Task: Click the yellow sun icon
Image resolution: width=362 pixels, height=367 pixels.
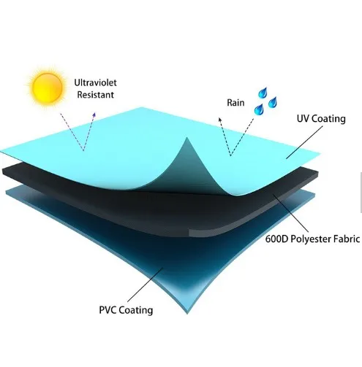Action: pos(47,87)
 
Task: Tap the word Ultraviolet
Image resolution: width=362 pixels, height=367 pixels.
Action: pos(95,82)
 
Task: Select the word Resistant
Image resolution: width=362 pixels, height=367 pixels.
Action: pos(95,95)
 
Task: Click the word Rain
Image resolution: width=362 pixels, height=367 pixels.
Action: pos(235,103)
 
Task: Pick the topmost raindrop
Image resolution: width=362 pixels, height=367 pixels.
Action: pos(263,93)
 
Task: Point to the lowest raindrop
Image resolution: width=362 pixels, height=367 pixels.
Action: pos(259,109)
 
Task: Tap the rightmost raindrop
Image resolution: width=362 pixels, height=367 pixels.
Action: pos(273,102)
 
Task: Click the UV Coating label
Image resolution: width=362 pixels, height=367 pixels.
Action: pos(321,119)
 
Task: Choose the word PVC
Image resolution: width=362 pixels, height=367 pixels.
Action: pos(108,310)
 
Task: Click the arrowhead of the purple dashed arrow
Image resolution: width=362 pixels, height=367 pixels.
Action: pos(94,115)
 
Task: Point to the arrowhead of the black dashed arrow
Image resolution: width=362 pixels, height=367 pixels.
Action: pos(220,120)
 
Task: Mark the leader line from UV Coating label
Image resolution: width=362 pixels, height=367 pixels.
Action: pos(304,142)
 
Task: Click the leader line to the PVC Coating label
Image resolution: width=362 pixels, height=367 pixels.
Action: pos(145,285)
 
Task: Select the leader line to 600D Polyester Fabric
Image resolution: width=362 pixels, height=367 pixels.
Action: pos(290,213)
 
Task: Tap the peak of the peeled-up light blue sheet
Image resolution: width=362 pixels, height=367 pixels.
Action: pos(187,138)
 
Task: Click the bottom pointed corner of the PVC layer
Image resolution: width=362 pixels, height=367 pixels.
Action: pos(187,314)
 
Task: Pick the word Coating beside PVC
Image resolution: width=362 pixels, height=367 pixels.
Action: pos(136,310)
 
